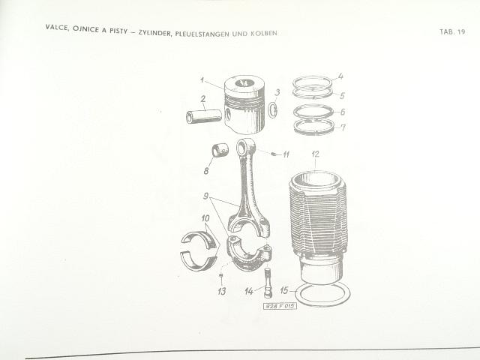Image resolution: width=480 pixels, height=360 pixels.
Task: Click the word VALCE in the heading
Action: [57, 27]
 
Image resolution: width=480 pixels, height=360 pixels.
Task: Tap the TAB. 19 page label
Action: [452, 31]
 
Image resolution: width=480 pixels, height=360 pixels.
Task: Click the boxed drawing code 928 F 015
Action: [280, 306]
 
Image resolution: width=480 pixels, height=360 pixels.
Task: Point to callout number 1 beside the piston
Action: [202, 80]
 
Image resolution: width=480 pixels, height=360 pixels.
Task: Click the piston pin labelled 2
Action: [204, 116]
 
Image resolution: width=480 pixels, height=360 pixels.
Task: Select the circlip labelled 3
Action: [273, 110]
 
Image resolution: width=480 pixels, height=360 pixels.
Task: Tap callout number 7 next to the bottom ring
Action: [343, 127]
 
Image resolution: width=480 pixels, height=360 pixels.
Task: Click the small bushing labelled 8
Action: [220, 149]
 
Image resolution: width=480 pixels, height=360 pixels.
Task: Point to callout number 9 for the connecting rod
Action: [206, 196]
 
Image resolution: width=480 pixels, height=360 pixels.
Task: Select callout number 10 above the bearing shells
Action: [205, 218]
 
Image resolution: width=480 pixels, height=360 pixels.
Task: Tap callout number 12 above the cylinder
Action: [316, 154]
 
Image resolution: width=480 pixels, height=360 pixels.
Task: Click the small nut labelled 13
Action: [221, 275]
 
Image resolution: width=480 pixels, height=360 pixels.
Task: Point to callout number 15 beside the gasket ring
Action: [284, 290]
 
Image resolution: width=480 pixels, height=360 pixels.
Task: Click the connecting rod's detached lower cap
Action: [248, 253]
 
